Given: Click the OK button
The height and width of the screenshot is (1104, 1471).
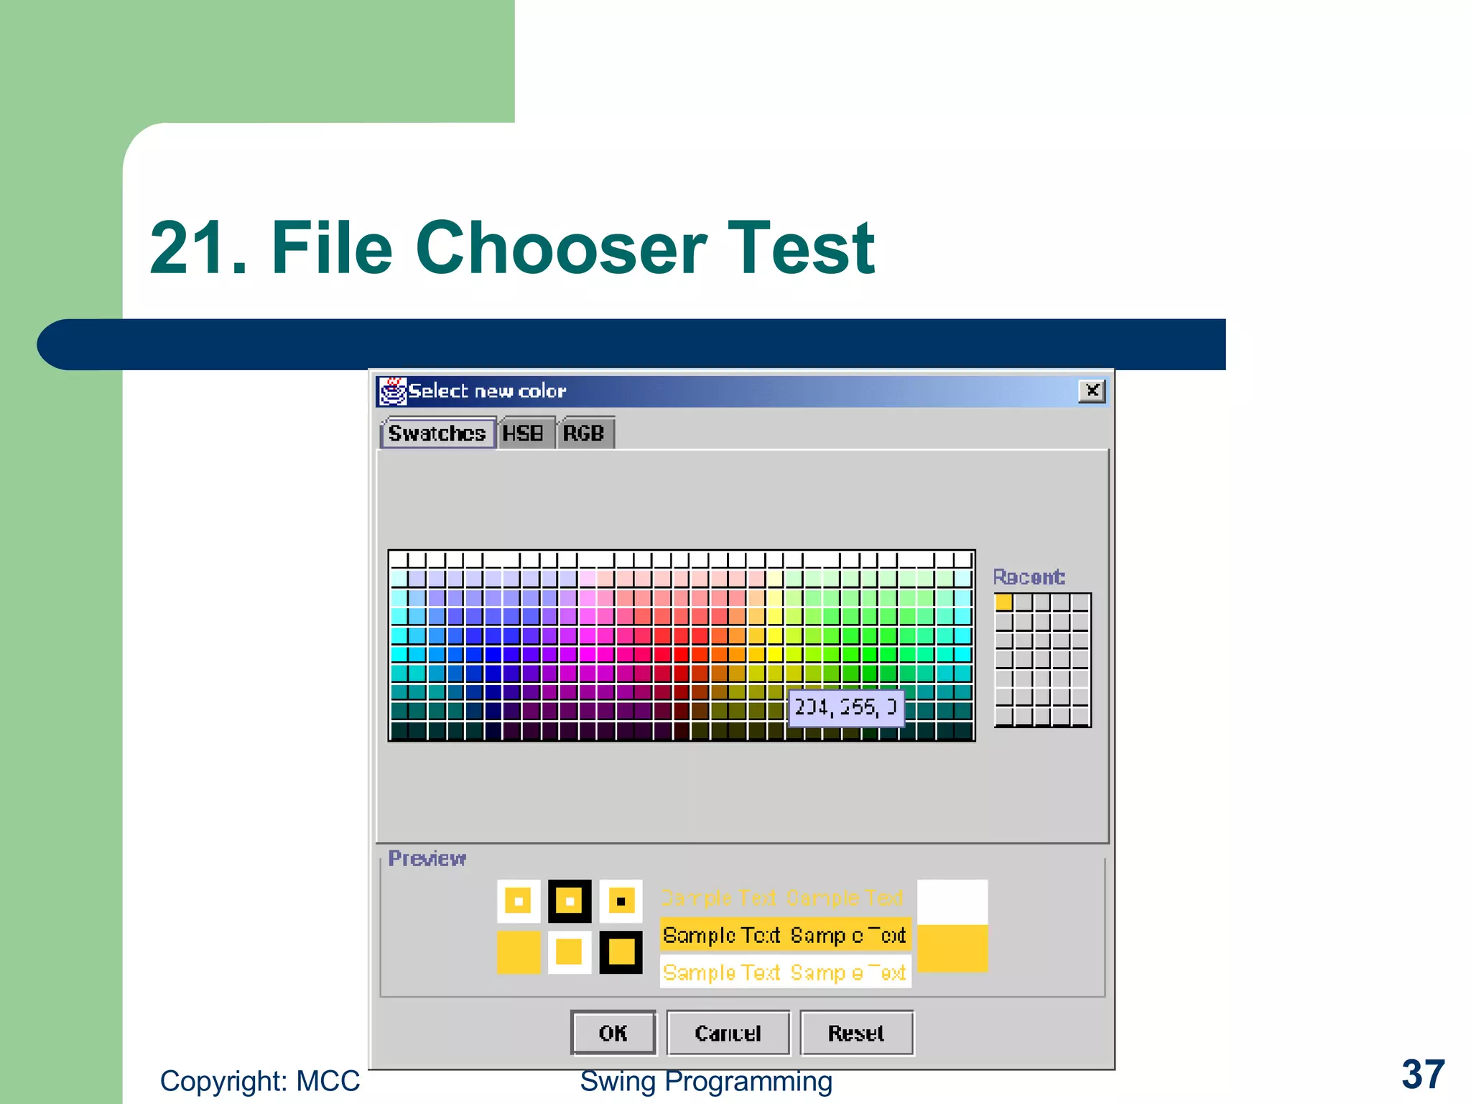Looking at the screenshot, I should [x=613, y=1033].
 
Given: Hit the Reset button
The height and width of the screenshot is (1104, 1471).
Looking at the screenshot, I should [x=856, y=1033].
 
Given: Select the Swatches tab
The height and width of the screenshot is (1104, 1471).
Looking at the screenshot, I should [x=437, y=433].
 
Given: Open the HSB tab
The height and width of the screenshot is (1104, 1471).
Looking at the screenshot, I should [x=523, y=433].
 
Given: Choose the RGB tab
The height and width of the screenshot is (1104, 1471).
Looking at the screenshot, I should [x=583, y=433].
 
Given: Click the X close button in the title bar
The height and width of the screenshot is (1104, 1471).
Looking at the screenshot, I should [x=1092, y=390].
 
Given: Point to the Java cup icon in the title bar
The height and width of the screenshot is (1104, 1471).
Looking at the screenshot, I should [x=393, y=391].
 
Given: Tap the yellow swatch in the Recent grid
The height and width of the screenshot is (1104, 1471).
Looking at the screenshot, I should [x=1003, y=602].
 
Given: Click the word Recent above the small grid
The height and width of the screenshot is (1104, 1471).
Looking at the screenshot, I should [x=1029, y=576].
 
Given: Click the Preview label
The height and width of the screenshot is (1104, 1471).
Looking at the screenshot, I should [x=427, y=858].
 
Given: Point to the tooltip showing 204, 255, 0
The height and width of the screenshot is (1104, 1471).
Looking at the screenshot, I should [x=845, y=708].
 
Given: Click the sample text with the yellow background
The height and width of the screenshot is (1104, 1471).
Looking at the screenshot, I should [x=784, y=935].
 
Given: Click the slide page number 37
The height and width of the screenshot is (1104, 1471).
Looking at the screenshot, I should [x=1423, y=1075].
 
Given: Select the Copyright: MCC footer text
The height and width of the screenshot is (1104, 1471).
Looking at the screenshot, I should [x=259, y=1081].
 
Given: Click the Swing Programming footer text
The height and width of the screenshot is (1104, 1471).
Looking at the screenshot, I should [x=706, y=1081].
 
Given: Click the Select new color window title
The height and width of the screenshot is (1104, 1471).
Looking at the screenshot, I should [x=487, y=391].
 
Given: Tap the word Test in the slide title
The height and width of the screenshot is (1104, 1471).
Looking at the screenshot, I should [x=801, y=248].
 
